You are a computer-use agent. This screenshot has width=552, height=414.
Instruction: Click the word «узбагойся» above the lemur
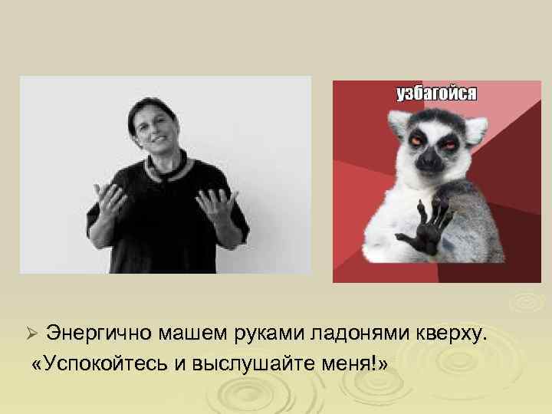click(436, 94)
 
